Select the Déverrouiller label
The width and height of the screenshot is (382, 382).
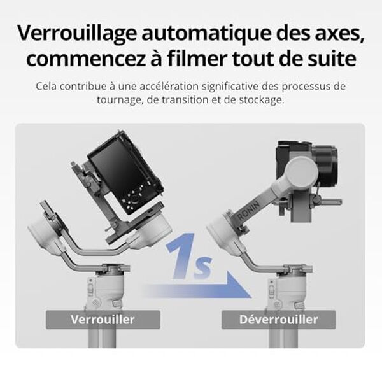[x=278, y=320]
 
